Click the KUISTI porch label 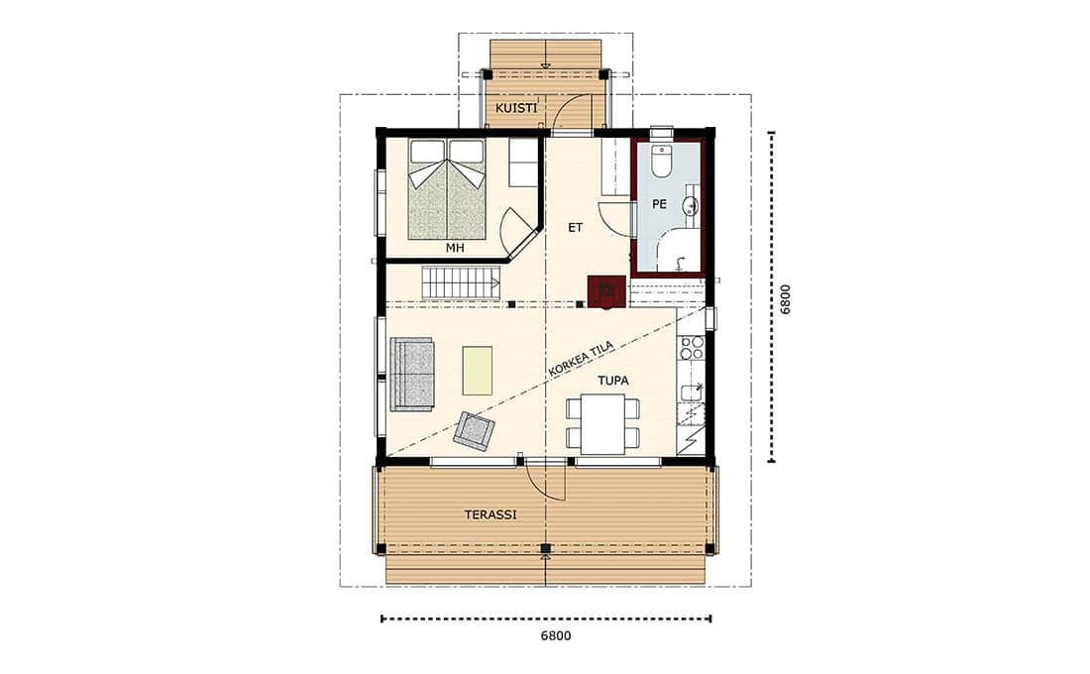(x=516, y=108)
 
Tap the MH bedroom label (x=456, y=248)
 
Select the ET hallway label (x=575, y=227)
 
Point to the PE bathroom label (x=659, y=204)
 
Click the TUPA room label (x=613, y=381)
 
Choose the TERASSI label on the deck (x=490, y=514)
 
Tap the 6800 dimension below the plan (x=556, y=635)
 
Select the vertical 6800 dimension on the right (x=785, y=299)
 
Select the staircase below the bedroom (x=461, y=283)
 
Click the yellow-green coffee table (x=478, y=371)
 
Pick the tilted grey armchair (x=474, y=430)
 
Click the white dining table (x=602, y=423)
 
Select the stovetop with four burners (x=692, y=348)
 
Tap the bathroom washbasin (x=691, y=204)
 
